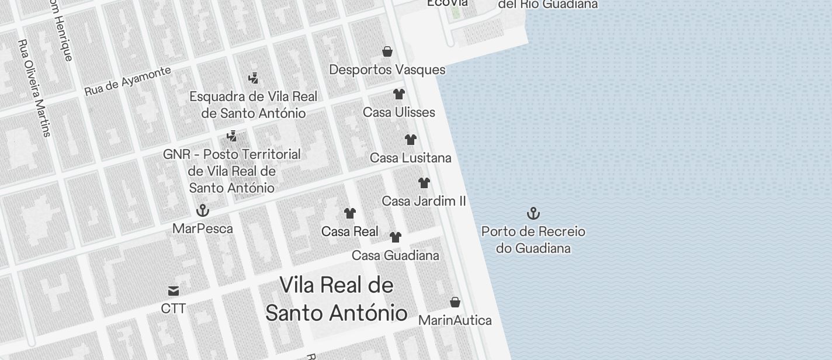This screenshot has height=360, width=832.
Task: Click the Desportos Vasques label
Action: click(x=387, y=70)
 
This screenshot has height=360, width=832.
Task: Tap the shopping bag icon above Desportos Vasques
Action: click(x=387, y=52)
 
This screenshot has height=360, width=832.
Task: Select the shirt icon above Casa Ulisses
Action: click(x=399, y=94)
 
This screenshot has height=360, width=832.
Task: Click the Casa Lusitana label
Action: click(x=410, y=158)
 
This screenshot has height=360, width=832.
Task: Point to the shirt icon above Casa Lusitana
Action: click(x=411, y=140)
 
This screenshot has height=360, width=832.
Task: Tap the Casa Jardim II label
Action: click(x=424, y=201)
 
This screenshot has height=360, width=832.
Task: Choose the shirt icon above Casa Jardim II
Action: click(x=424, y=183)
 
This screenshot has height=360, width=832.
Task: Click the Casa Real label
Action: click(x=349, y=231)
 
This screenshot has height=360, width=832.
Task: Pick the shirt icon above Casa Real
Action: click(x=350, y=213)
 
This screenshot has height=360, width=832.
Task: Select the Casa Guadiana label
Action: click(x=395, y=255)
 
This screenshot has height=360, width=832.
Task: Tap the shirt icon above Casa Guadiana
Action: click(x=396, y=237)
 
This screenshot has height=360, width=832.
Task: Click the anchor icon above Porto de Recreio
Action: click(x=533, y=213)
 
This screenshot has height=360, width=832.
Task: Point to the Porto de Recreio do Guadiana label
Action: click(x=533, y=240)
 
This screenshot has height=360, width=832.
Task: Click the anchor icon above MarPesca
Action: click(x=203, y=210)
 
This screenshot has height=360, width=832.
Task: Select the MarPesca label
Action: click(x=202, y=229)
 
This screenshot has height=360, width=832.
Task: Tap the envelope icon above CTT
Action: click(x=174, y=290)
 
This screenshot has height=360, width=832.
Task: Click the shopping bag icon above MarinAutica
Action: click(x=455, y=302)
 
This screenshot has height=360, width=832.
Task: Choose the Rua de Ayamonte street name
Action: click(x=128, y=81)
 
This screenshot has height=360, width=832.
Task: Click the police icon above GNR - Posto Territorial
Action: click(x=232, y=136)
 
